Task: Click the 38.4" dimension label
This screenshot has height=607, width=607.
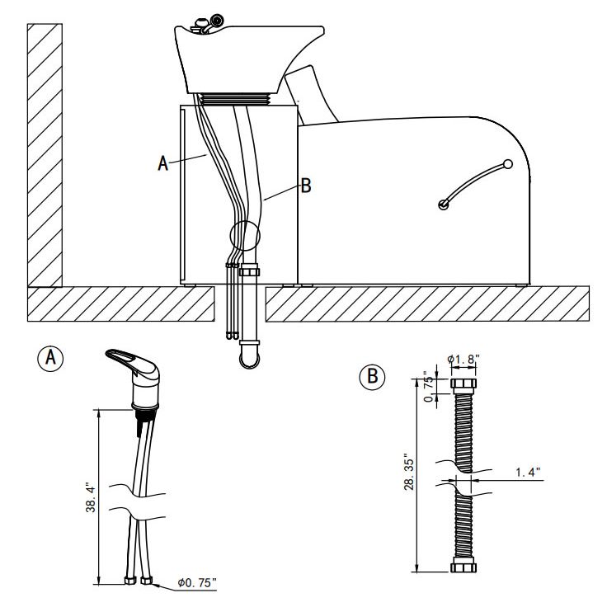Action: [91, 497]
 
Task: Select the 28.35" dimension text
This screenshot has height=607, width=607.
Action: [410, 472]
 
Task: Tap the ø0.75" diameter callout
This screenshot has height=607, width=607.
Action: [197, 582]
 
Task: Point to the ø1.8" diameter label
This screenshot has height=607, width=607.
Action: [463, 360]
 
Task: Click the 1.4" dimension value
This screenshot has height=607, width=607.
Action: [528, 473]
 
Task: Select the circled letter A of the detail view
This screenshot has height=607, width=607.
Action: [50, 358]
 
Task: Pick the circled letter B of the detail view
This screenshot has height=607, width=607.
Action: [373, 376]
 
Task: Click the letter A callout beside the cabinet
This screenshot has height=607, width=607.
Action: [163, 163]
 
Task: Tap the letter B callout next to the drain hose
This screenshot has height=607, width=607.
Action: [306, 186]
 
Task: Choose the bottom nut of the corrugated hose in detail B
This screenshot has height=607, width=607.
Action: [463, 568]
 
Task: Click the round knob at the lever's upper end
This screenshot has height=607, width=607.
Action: [508, 164]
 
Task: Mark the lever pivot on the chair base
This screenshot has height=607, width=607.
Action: [444, 205]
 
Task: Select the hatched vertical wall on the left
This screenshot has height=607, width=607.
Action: [45, 155]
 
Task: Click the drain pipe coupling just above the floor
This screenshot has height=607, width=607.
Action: [249, 270]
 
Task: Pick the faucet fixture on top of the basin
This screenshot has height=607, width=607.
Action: [208, 26]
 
